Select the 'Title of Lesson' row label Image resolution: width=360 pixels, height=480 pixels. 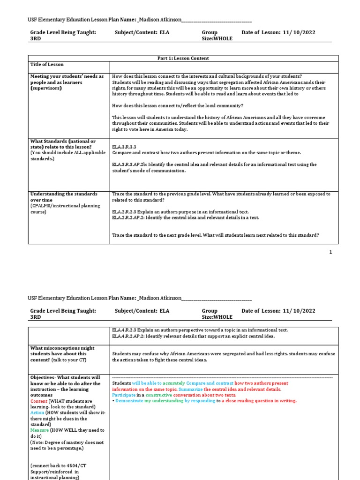[x=47, y=65]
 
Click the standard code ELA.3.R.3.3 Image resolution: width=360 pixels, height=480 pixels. [x=124, y=147]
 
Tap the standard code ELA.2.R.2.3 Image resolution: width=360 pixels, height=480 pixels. [x=125, y=212]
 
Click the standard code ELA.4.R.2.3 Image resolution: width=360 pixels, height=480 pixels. [x=125, y=330]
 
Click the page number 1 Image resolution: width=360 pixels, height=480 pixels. [x=330, y=252]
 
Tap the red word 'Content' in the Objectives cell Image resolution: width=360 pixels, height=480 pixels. [x=39, y=401]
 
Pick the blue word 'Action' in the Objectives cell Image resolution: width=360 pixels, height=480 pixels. [x=38, y=412]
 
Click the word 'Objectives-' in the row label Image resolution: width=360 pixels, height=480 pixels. [x=45, y=377]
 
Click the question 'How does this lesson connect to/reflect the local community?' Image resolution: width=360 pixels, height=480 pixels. [x=178, y=106]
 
